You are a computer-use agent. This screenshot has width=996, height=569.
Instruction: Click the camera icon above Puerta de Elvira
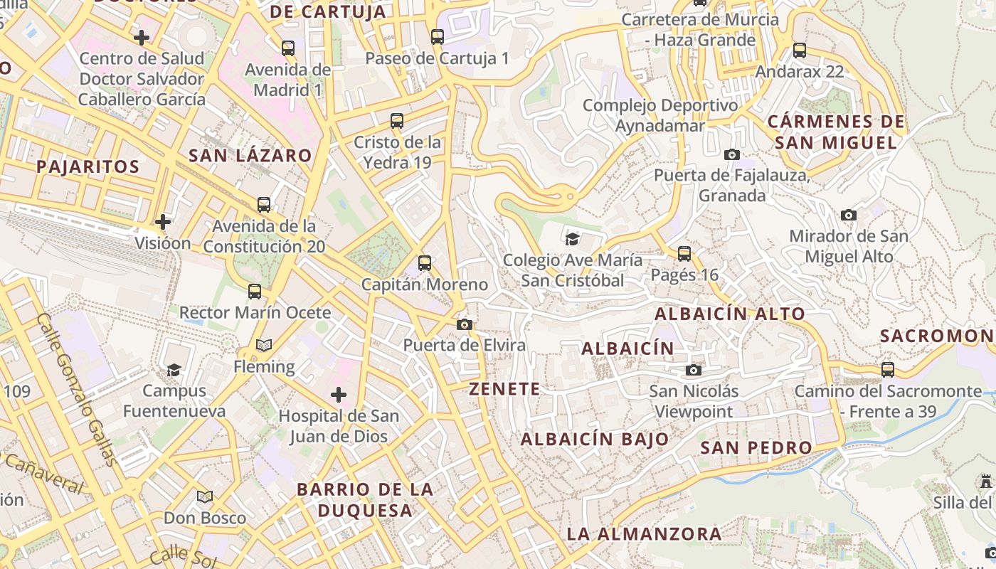[x=465, y=324]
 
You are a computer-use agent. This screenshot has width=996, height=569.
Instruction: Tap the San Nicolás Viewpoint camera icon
[x=694, y=370]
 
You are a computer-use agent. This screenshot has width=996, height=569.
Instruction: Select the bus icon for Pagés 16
[x=684, y=253]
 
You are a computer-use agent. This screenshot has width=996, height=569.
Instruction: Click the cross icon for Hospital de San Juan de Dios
[x=339, y=394]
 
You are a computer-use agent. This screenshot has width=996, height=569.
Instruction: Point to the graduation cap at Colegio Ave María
[x=572, y=238]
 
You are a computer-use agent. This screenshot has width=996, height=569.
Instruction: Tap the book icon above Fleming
[x=264, y=345]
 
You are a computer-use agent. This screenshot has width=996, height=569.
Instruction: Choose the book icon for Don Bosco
[x=205, y=496]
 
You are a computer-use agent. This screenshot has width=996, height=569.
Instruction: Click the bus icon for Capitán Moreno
[x=425, y=263]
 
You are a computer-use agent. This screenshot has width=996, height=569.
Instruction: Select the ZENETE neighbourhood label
[x=504, y=389]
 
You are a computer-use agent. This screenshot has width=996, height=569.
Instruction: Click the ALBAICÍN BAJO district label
[x=595, y=440]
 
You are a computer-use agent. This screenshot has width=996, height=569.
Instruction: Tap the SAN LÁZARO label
[x=250, y=156]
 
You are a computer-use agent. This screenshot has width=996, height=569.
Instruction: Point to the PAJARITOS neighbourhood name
[x=88, y=167]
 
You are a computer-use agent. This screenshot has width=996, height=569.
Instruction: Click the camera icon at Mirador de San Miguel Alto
[x=848, y=215]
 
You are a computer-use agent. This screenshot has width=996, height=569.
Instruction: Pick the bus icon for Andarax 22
[x=800, y=50]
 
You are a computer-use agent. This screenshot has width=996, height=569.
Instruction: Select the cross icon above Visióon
[x=163, y=222]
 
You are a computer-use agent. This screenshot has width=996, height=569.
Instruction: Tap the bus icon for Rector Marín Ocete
[x=255, y=291]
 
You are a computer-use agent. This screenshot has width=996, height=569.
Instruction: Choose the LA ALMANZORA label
[x=644, y=533]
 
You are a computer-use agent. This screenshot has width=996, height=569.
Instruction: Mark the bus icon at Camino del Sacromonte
[x=888, y=370]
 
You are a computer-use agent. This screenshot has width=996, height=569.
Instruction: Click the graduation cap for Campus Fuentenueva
[x=174, y=370]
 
